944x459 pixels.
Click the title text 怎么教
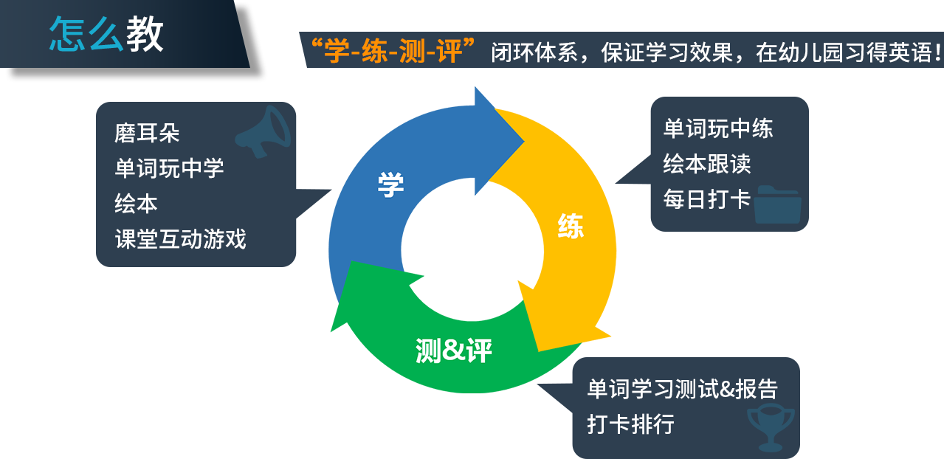106,34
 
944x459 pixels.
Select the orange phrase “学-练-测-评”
393,51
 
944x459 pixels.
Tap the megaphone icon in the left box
263,132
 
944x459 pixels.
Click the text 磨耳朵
147,133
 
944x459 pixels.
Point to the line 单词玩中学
169,168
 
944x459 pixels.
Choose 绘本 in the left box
136,204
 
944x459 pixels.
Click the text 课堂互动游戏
180,239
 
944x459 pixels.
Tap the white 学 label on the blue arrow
390,184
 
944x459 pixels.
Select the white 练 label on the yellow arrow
571,226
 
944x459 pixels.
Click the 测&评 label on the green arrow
453,351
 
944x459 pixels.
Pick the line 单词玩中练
718,128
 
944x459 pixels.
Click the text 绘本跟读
707,164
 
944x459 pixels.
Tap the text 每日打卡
707,199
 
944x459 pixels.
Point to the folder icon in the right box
777,204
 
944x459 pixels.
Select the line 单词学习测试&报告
682,389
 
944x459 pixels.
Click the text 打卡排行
630,424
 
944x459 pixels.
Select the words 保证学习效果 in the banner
666,52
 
